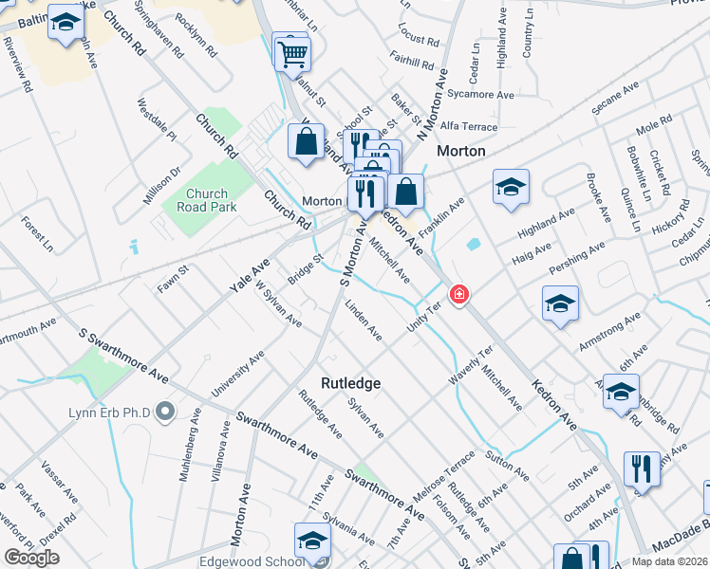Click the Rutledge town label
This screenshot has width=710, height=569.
tap(350, 383)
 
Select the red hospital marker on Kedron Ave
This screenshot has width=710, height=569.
tap(459, 296)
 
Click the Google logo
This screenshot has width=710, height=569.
tap(31, 558)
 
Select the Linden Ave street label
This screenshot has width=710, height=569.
tap(364, 321)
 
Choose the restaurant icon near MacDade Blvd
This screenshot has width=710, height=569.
tap(642, 470)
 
